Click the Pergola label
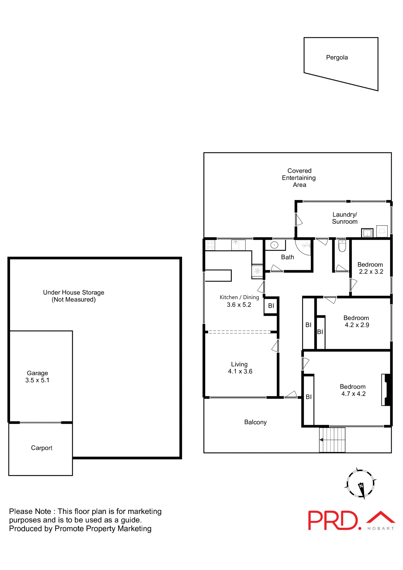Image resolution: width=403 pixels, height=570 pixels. click(x=337, y=57)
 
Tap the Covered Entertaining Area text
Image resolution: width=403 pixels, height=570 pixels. click(x=299, y=178)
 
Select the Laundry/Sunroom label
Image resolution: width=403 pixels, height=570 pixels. click(x=344, y=218)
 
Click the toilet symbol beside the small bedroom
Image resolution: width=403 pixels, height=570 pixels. click(x=342, y=246)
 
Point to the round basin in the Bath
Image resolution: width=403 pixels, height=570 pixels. click(x=274, y=245)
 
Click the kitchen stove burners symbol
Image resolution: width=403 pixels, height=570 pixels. click(x=210, y=245)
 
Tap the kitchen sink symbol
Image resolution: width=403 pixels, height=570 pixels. click(x=238, y=245)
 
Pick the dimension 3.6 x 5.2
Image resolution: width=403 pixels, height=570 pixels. click(x=239, y=305)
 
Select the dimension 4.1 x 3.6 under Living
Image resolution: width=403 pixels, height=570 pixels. click(x=240, y=371)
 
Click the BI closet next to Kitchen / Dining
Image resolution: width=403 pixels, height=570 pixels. click(x=271, y=305)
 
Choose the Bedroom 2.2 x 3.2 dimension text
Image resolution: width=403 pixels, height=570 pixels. click(x=371, y=271)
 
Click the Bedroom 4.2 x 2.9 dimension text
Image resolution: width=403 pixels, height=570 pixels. click(x=357, y=325)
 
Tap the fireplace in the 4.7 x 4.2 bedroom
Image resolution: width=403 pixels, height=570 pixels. click(x=386, y=389)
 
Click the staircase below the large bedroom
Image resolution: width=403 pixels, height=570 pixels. click(x=332, y=440)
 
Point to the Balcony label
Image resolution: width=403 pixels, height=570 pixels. click(x=255, y=422)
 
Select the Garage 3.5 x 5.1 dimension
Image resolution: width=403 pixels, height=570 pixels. click(x=37, y=380)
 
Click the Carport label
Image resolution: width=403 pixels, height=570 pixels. click(x=42, y=448)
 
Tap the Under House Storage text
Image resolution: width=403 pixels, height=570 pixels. click(x=74, y=292)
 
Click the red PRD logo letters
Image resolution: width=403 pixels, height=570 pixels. click(x=333, y=520)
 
